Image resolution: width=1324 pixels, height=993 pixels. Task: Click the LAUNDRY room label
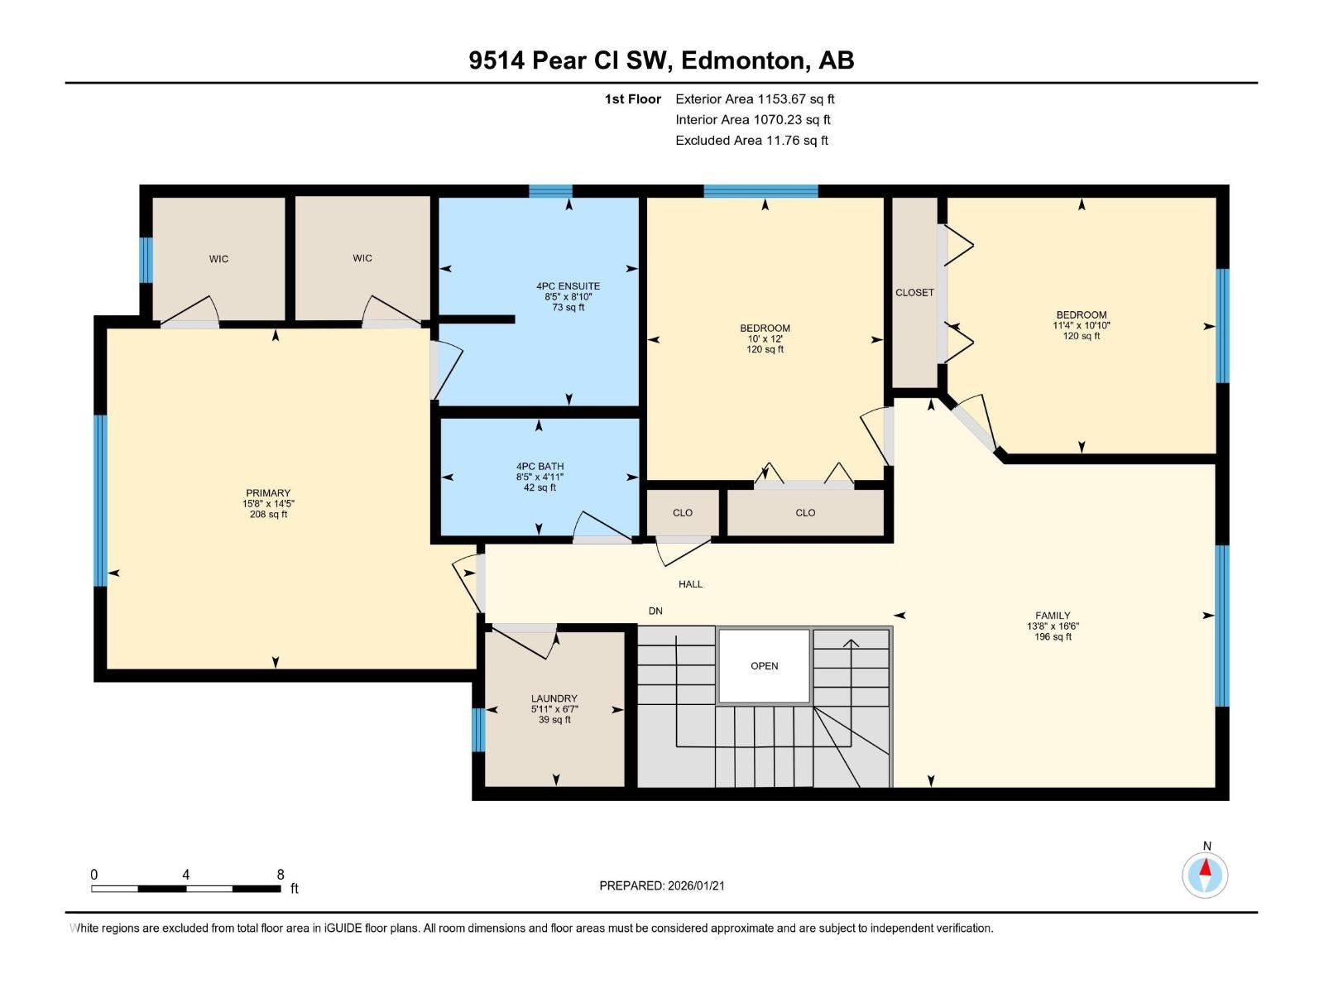click(x=554, y=698)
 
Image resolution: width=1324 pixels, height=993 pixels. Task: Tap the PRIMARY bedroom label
click(x=268, y=493)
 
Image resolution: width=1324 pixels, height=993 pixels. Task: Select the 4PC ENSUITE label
click(x=568, y=286)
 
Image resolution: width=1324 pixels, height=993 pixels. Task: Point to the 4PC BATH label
click(x=540, y=467)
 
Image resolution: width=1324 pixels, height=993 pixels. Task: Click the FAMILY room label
click(x=1053, y=616)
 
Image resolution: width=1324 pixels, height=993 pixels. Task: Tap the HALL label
click(x=690, y=584)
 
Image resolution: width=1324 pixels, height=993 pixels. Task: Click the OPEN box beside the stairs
click(x=764, y=666)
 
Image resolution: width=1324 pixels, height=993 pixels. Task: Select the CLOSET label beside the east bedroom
click(x=914, y=293)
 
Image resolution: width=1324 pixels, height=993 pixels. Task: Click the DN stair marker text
click(x=655, y=612)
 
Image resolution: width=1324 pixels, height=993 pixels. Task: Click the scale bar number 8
click(x=281, y=875)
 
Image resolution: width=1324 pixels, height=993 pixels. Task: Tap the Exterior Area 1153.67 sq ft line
click(x=755, y=99)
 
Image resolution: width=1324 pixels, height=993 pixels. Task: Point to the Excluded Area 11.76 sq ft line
click(x=751, y=141)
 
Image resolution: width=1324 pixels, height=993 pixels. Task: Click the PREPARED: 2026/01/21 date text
click(x=662, y=885)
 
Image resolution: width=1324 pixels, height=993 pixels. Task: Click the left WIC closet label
click(x=218, y=259)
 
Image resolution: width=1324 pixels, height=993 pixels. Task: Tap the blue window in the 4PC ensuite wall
click(x=550, y=191)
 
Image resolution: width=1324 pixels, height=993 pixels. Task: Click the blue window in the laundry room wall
click(x=477, y=730)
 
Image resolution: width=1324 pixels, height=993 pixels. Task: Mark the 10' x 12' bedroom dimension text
click(x=765, y=339)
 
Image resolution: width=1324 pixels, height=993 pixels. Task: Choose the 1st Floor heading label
click(x=632, y=99)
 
